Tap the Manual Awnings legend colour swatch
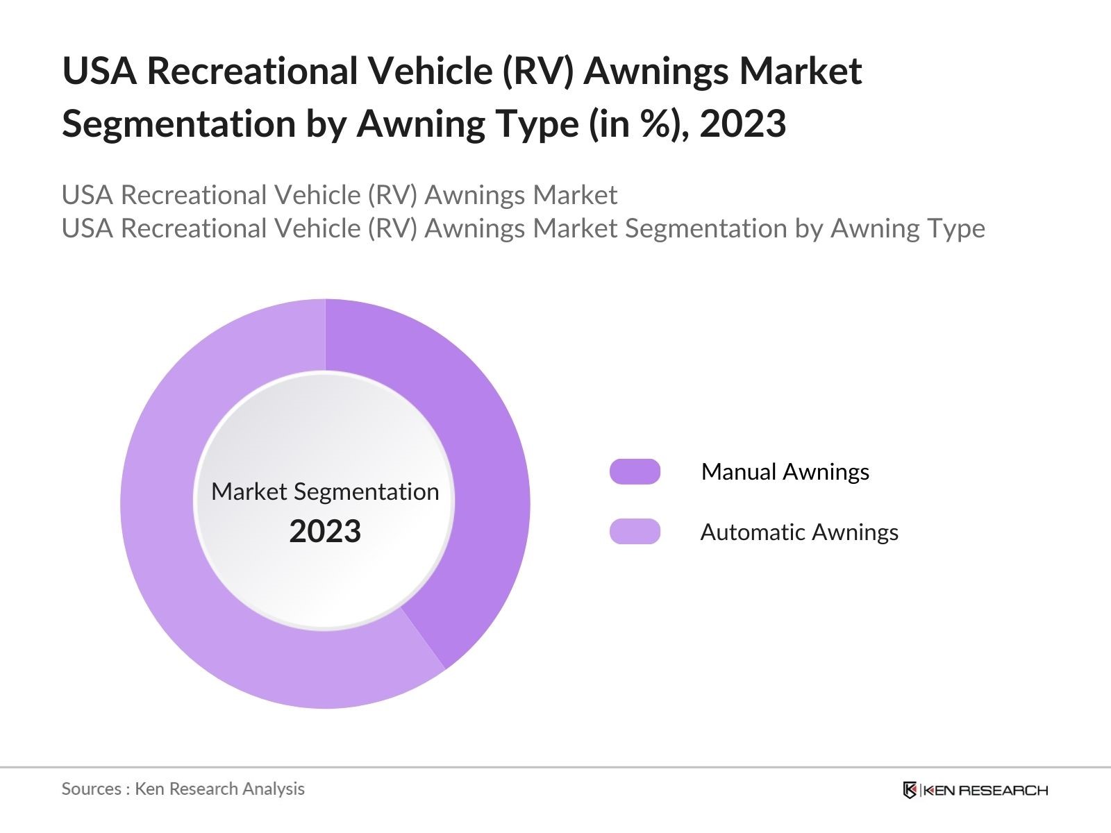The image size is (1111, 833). click(635, 471)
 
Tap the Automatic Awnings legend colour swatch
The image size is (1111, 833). click(635, 532)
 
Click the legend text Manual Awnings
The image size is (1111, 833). click(785, 472)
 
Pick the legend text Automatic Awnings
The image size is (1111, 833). click(799, 532)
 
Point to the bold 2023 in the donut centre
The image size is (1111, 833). click(325, 532)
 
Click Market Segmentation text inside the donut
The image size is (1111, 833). click(325, 491)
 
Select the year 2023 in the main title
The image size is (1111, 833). click(742, 124)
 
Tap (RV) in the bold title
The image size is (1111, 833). click(540, 71)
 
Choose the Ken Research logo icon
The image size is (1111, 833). click(910, 790)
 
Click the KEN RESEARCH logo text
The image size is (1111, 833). click(985, 790)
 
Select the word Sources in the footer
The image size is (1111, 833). click(91, 789)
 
